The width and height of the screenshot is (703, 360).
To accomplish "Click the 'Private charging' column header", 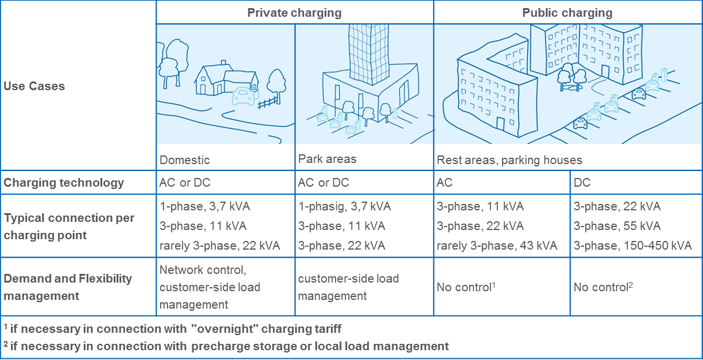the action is tap(295, 13).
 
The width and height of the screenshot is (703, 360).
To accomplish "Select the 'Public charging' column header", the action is tap(567, 13).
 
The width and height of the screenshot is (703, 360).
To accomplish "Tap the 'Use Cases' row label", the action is tap(34, 86).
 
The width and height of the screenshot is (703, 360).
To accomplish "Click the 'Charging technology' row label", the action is tap(64, 183).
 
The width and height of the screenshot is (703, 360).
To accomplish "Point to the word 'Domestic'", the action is tap(184, 160).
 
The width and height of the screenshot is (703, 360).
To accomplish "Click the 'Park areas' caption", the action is tap(328, 159).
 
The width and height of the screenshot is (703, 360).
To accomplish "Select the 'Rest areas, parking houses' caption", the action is tap(509, 160).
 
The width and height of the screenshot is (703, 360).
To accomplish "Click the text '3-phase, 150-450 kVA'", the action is tap(633, 246).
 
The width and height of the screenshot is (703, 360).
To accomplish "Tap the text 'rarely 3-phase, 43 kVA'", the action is tap(497, 246).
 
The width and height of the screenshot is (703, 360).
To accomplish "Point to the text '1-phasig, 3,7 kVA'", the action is tap(345, 206).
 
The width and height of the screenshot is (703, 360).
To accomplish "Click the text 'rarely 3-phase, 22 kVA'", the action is tap(220, 246).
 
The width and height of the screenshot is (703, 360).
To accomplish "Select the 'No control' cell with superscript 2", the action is tap(603, 287).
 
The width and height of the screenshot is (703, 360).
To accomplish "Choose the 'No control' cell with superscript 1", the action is tap(466, 287).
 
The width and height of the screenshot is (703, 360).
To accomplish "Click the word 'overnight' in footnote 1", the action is tap(224, 329).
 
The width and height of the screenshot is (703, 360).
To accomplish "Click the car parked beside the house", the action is tap(244, 96).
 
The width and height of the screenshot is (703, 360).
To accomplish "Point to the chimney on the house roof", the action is tap(224, 62).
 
